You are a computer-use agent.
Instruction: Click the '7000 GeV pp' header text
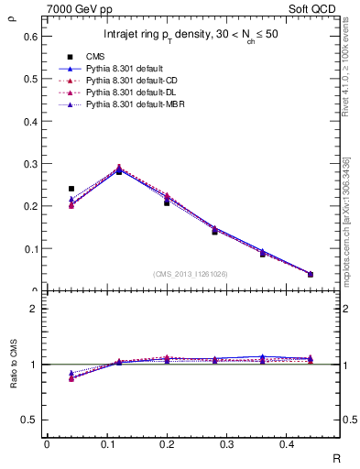[x=73, y=8]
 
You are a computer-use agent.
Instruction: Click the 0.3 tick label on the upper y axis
[x=29, y=164]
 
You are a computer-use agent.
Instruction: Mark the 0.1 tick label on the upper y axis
[x=29, y=248]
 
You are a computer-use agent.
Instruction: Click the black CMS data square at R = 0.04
[x=71, y=189]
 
